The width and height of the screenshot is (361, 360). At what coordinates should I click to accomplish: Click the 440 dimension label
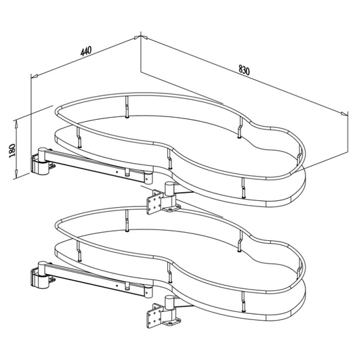[x=86, y=51]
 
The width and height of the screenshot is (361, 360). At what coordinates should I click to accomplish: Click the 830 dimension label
[x=244, y=70]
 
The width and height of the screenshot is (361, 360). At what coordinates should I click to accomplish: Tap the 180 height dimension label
[x=12, y=151]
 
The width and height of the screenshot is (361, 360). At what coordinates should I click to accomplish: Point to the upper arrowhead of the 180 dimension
[x=16, y=125]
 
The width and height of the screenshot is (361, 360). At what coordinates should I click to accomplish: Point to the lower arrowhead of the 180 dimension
[x=16, y=173]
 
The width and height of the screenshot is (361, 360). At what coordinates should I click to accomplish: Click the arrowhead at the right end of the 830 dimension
[x=345, y=114]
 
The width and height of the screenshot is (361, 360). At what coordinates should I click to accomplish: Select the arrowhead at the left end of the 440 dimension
[x=35, y=76]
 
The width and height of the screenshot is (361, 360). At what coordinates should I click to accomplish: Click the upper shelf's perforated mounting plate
[x=154, y=202]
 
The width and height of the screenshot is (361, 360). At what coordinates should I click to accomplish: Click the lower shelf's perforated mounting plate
[x=154, y=315]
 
